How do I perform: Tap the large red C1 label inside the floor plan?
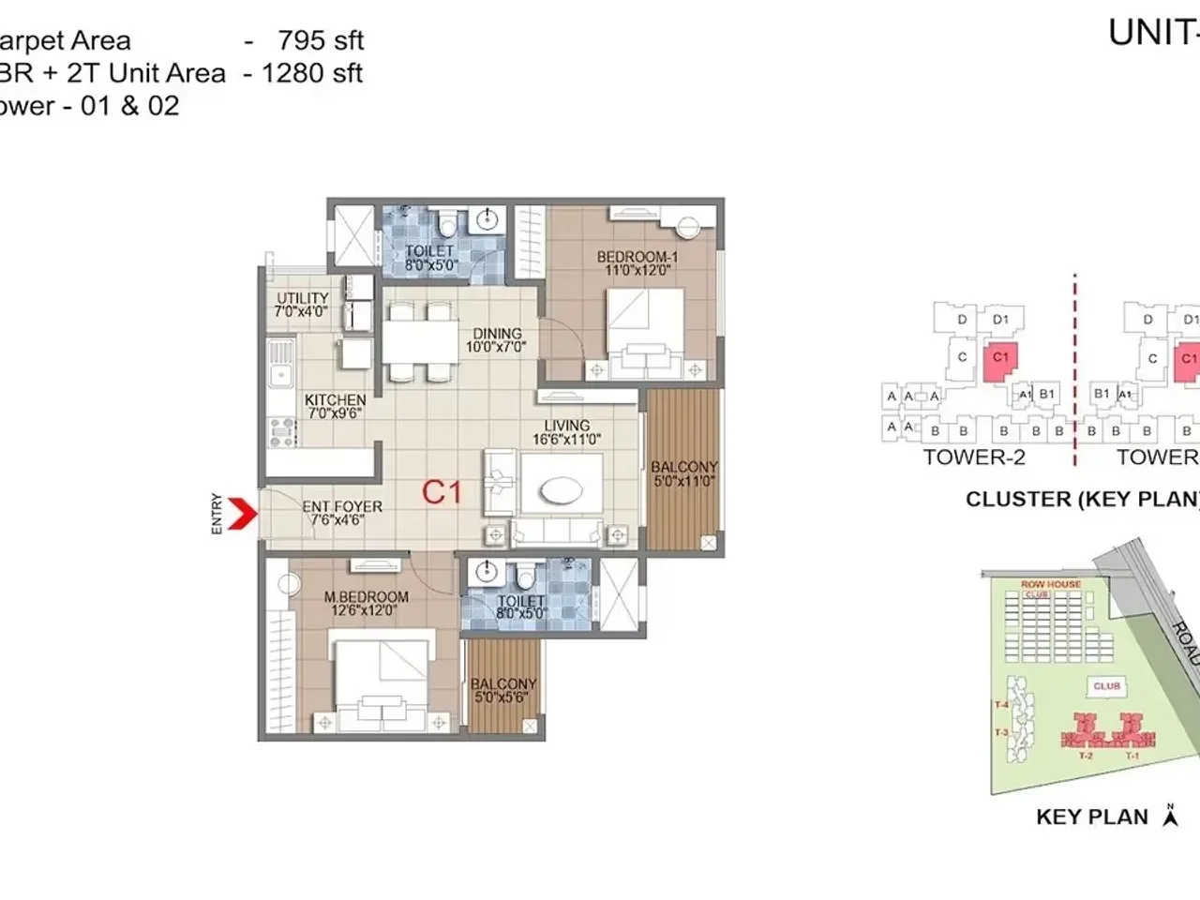pyautogui.click(x=442, y=491)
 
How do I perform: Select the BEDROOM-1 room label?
pyautogui.click(x=637, y=263)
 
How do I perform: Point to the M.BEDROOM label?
pyautogui.click(x=366, y=603)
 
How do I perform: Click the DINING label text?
pyautogui.click(x=496, y=339)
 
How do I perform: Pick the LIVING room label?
pyautogui.click(x=566, y=432)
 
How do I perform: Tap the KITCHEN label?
pyautogui.click(x=335, y=406)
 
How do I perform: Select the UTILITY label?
pyautogui.click(x=302, y=305)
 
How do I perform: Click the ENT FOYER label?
pyautogui.click(x=342, y=512)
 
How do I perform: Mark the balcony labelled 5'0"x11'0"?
pyautogui.click(x=684, y=473)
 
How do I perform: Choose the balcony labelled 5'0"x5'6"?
pyautogui.click(x=504, y=691)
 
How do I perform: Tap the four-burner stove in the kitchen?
pyautogui.click(x=280, y=430)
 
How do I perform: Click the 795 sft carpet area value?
pyautogui.click(x=321, y=40)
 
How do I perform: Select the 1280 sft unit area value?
pyautogui.click(x=311, y=73)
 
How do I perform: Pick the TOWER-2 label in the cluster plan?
pyautogui.click(x=974, y=457)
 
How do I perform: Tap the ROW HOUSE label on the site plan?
pyautogui.click(x=1050, y=584)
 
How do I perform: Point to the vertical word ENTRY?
pyautogui.click(x=217, y=514)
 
